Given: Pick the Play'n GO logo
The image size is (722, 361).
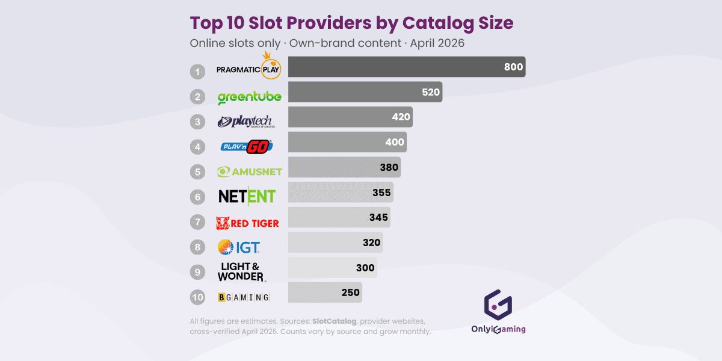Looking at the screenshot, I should point(247,146).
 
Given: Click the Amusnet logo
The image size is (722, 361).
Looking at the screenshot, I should point(249,171).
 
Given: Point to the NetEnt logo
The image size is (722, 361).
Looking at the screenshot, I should point(247,196).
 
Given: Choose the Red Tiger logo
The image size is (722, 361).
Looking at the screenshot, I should point(247,223).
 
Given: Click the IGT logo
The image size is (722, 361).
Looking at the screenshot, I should point(239,247).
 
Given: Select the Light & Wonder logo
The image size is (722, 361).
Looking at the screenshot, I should point(241,272).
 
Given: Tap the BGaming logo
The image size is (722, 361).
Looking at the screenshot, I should point(243,297).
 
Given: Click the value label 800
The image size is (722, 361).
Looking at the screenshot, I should point(513,67).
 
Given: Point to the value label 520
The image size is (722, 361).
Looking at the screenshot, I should point(430,92).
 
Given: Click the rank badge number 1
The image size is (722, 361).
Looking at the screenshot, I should point(197,72).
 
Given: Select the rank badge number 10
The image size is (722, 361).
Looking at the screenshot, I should point(197,297).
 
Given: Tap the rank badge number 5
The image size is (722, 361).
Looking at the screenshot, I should point(197,172).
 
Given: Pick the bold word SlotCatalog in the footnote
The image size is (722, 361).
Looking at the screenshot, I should point(335,321).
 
